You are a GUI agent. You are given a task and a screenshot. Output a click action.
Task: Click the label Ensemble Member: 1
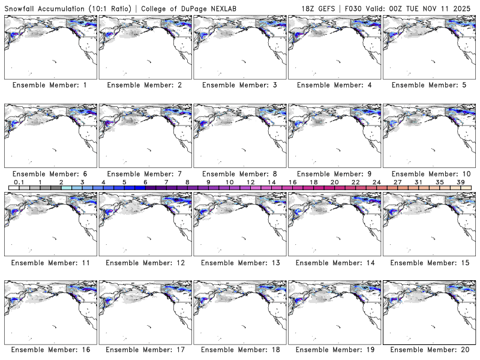(49, 85)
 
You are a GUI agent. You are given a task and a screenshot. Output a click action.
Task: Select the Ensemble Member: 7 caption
(144, 174)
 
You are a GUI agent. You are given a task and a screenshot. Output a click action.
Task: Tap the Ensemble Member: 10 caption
(428, 174)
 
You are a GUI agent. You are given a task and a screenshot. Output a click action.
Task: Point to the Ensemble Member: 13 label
(238, 263)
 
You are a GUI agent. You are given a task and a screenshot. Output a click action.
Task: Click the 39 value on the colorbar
(460, 182)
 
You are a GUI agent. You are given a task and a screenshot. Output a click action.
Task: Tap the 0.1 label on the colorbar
(19, 182)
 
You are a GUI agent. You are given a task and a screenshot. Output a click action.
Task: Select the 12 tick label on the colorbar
(250, 182)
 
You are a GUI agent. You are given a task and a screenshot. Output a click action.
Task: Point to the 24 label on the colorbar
(376, 182)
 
